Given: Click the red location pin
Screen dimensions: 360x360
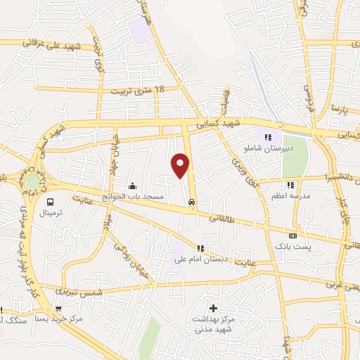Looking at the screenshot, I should point(181,165).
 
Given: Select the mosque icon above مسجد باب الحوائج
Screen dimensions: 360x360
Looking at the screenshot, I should point(133,186).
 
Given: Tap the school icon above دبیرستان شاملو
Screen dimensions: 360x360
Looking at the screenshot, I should point(267,137).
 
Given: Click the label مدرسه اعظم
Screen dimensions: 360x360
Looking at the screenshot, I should point(288,195).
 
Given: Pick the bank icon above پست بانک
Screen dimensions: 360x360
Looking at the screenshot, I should point(292,236).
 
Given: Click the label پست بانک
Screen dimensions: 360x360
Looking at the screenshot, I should point(291,247).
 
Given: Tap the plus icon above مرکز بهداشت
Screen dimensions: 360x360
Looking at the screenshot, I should point(213,308).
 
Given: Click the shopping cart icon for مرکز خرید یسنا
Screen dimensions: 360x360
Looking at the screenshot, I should point(59,308).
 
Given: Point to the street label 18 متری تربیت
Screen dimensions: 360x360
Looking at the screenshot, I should point(138,90).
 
